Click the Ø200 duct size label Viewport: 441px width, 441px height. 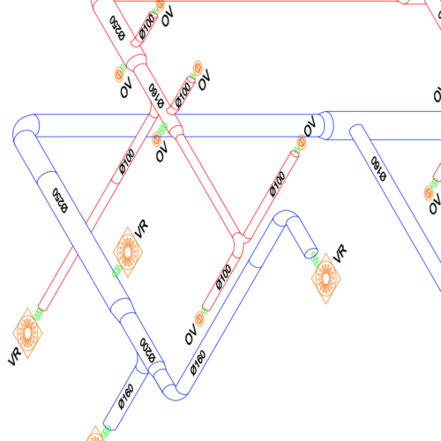pyautogui.click(x=147, y=350)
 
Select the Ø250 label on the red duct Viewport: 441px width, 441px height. pyautogui.click(x=117, y=28)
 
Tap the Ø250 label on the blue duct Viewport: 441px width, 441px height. pyautogui.click(x=60, y=200)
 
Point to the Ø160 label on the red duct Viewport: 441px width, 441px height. pyautogui.click(x=156, y=96)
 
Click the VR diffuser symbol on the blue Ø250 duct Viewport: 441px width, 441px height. pyautogui.click(x=128, y=252)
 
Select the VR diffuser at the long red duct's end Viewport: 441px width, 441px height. pyautogui.click(x=27, y=333)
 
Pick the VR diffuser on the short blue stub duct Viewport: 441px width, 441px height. pyautogui.click(x=326, y=279)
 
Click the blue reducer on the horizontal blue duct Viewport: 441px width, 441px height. pyautogui.click(x=325, y=125)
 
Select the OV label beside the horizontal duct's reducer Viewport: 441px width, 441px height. pyautogui.click(x=310, y=125)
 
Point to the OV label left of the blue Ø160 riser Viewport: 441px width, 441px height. pyautogui.click(x=191, y=334)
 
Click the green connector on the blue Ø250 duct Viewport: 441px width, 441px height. pyautogui.click(x=117, y=271)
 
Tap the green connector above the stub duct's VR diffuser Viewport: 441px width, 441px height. pyautogui.click(x=315, y=259)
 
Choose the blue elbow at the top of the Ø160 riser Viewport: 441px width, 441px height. pyautogui.click(x=285, y=218)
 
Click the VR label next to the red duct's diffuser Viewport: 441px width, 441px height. pyautogui.click(x=15, y=356)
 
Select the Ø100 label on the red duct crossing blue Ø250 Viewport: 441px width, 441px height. pyautogui.click(x=127, y=161)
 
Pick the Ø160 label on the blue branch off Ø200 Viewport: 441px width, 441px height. pyautogui.click(x=126, y=397)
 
